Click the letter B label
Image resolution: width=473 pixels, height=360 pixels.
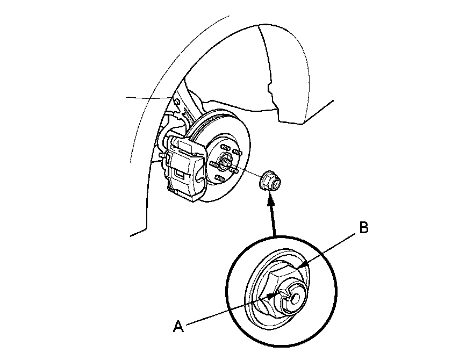click(x=364, y=228)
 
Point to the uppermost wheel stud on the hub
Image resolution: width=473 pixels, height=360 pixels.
click(x=226, y=146)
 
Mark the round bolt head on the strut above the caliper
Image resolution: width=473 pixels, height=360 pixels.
click(x=176, y=101)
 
